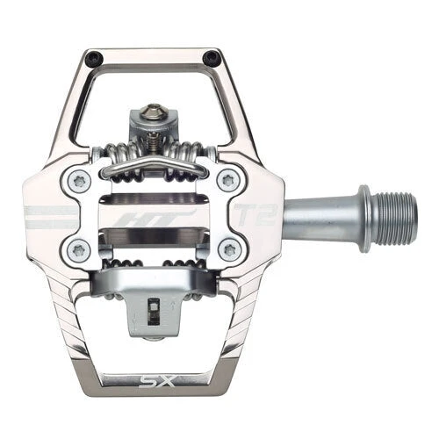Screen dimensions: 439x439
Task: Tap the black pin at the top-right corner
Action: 212,59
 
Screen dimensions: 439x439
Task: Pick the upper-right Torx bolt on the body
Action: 230,181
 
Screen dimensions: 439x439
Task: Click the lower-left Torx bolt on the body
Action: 77,248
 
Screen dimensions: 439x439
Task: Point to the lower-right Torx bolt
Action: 230,248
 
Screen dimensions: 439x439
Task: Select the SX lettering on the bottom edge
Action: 154,383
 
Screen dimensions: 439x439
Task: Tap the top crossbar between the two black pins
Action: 154,57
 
